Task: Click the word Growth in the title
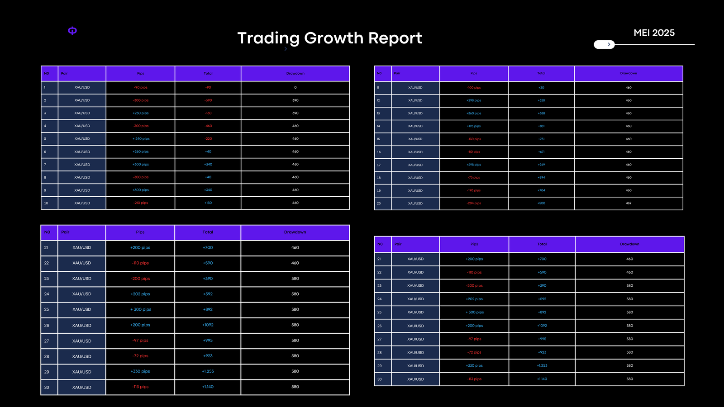point(334,38)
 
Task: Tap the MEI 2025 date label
point(654,33)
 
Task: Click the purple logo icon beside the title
point(72,31)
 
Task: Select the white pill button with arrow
point(604,44)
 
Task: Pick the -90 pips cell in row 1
point(141,88)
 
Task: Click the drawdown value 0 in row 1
point(295,88)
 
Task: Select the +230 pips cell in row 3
point(141,114)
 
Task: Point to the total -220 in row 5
point(208,139)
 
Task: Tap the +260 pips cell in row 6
point(141,152)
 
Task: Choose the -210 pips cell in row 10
point(141,203)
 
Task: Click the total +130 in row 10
point(208,203)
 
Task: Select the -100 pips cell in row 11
point(474,88)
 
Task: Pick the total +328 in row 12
point(541,100)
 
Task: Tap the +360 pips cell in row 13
point(474,114)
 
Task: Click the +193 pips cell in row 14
point(474,126)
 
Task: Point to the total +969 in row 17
point(541,165)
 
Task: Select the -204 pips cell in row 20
point(474,203)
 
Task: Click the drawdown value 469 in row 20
point(629,203)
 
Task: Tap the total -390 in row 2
point(208,100)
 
